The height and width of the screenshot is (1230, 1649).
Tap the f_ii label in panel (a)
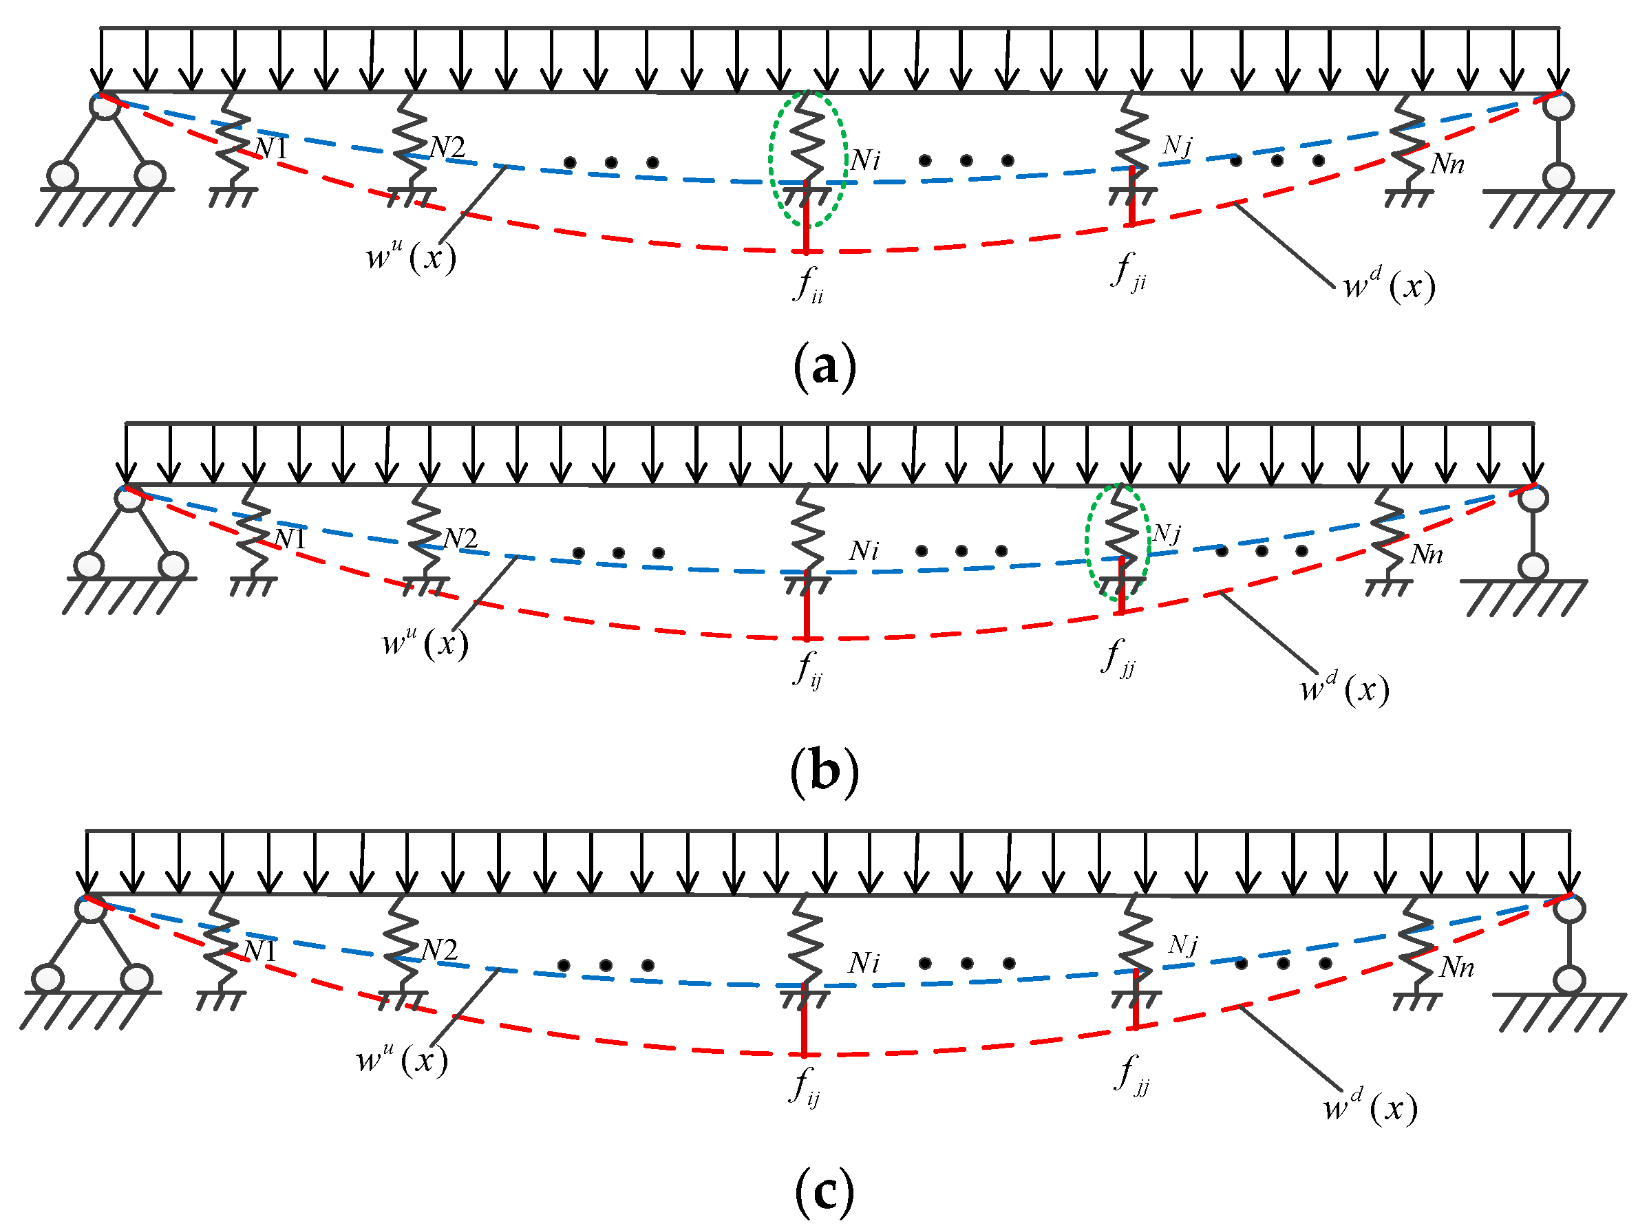pos(808,283)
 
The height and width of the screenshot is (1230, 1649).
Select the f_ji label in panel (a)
pos(1127,271)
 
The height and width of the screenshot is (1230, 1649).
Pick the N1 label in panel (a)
pos(270,148)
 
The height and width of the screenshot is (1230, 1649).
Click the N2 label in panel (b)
pos(460,539)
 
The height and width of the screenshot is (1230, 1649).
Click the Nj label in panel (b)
pos(1167,533)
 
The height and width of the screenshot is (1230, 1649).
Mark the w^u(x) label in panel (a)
pos(410,257)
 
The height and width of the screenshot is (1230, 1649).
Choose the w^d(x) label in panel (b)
pos(1344,689)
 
